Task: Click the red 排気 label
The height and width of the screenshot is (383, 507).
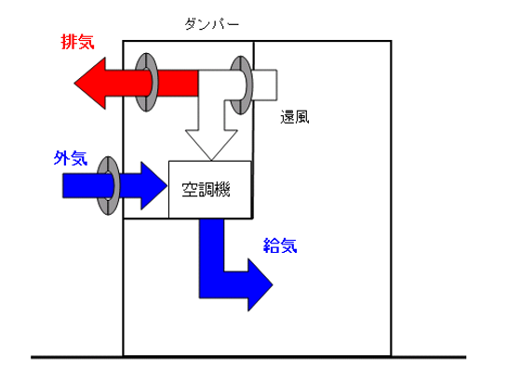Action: [77, 42]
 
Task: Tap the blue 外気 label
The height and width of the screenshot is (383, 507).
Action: [71, 158]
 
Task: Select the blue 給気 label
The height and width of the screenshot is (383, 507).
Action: [280, 245]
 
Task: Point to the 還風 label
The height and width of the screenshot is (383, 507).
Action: [295, 117]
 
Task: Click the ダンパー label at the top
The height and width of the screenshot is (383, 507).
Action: [212, 24]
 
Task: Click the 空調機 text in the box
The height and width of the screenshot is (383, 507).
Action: [206, 190]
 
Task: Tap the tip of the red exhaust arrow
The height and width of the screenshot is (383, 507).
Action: [75, 83]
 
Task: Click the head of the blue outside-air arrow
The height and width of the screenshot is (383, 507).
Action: [153, 186]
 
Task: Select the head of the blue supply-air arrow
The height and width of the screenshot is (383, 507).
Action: [260, 284]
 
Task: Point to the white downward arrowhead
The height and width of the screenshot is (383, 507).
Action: [211, 144]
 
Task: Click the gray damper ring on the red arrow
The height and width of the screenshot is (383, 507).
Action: [146, 83]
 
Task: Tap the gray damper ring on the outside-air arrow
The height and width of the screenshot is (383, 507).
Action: [108, 186]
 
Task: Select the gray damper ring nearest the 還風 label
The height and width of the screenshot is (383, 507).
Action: [241, 85]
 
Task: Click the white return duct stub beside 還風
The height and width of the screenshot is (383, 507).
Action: [265, 85]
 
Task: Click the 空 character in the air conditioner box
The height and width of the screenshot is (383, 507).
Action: [190, 190]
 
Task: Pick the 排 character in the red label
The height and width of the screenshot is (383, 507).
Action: [69, 42]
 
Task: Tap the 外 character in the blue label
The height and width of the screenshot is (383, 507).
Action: [61, 158]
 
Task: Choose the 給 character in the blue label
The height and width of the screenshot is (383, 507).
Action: [272, 245]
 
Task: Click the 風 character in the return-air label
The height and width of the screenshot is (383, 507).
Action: [302, 117]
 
